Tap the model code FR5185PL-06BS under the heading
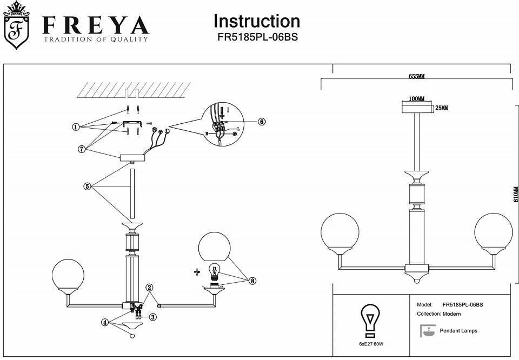pyautogui.click(x=257, y=38)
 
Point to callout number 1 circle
pyautogui.click(x=76, y=127)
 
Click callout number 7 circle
pyautogui.click(x=82, y=148)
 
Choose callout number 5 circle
pyautogui.click(x=87, y=186)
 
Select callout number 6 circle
pyautogui.click(x=261, y=122)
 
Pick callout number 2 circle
pyautogui.click(x=150, y=288)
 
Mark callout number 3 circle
pyautogui.click(x=153, y=317)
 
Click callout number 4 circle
pyautogui.click(x=104, y=322)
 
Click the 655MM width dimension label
pyautogui.click(x=416, y=77)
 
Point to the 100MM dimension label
pyautogui.click(x=416, y=98)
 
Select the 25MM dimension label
pyautogui.click(x=441, y=108)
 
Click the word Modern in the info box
pyautogui.click(x=451, y=314)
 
